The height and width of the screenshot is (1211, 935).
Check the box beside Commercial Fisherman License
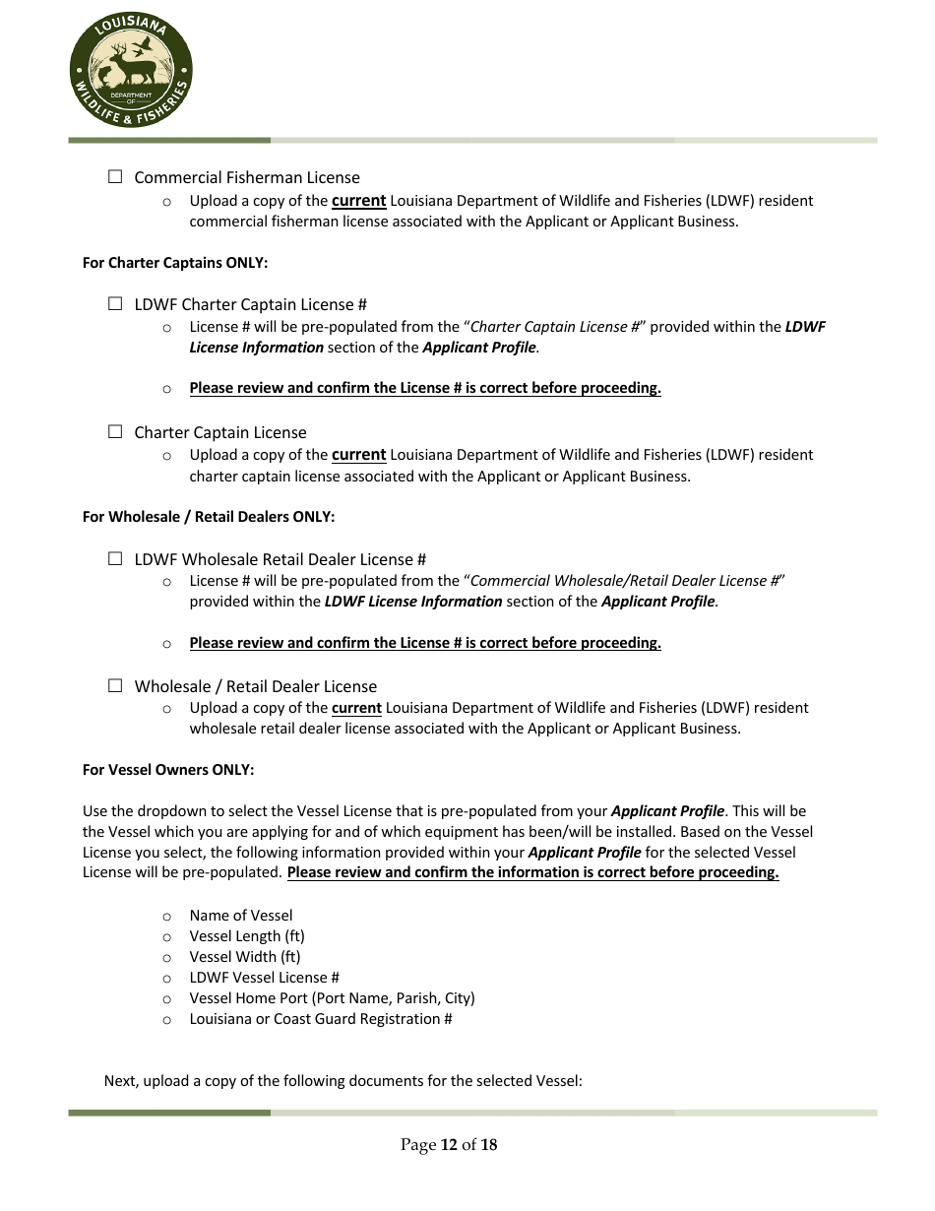[x=115, y=177]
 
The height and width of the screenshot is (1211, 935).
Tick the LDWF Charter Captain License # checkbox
[x=115, y=304]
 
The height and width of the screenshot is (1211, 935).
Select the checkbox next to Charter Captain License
[x=115, y=431]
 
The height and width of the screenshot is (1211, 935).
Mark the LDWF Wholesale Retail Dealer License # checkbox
[x=115, y=558]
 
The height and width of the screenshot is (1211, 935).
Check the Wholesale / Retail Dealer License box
[x=115, y=685]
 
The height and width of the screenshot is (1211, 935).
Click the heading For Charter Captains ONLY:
[x=175, y=263]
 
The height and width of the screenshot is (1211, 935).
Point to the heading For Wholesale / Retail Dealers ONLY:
[x=209, y=517]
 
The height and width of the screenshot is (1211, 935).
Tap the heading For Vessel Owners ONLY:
[x=168, y=770]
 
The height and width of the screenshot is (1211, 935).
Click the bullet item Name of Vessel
[x=241, y=916]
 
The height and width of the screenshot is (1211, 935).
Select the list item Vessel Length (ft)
[x=247, y=936]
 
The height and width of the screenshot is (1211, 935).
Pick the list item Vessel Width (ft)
[x=245, y=957]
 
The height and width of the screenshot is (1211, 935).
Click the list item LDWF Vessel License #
[x=265, y=978]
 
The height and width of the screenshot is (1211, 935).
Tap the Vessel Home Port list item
[x=332, y=998]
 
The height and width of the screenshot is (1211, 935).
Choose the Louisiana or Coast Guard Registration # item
[x=321, y=1019]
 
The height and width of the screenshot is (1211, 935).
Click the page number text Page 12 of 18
[x=449, y=1144]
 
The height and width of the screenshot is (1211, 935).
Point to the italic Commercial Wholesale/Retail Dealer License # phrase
[x=626, y=581]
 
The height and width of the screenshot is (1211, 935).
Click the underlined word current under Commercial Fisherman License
[x=358, y=201]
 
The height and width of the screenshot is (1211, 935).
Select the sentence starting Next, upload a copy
[x=343, y=1081]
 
